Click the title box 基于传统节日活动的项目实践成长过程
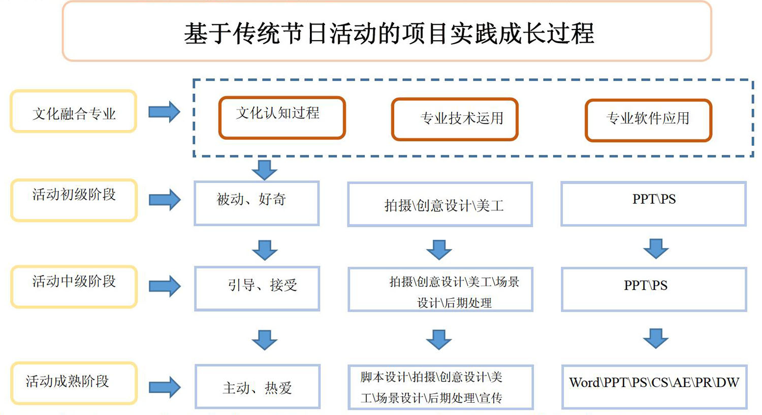(x=387, y=31)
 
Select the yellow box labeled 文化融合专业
(x=74, y=111)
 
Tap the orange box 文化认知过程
(x=282, y=118)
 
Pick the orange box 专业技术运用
(x=455, y=119)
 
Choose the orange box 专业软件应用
(x=648, y=120)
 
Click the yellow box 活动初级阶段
(x=74, y=200)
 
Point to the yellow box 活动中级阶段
(x=74, y=287)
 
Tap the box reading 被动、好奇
(x=257, y=203)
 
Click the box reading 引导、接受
(x=257, y=289)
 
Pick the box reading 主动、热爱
(x=258, y=387)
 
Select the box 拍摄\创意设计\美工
(x=440, y=204)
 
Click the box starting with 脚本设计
(x=440, y=387)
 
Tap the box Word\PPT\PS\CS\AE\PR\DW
(x=654, y=387)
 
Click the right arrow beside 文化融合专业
(x=164, y=112)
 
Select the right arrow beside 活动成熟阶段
(x=165, y=387)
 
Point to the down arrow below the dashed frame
(x=264, y=170)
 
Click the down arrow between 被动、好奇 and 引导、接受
(x=265, y=250)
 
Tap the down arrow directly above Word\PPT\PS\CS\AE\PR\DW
(x=655, y=338)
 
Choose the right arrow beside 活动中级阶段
(x=165, y=286)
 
